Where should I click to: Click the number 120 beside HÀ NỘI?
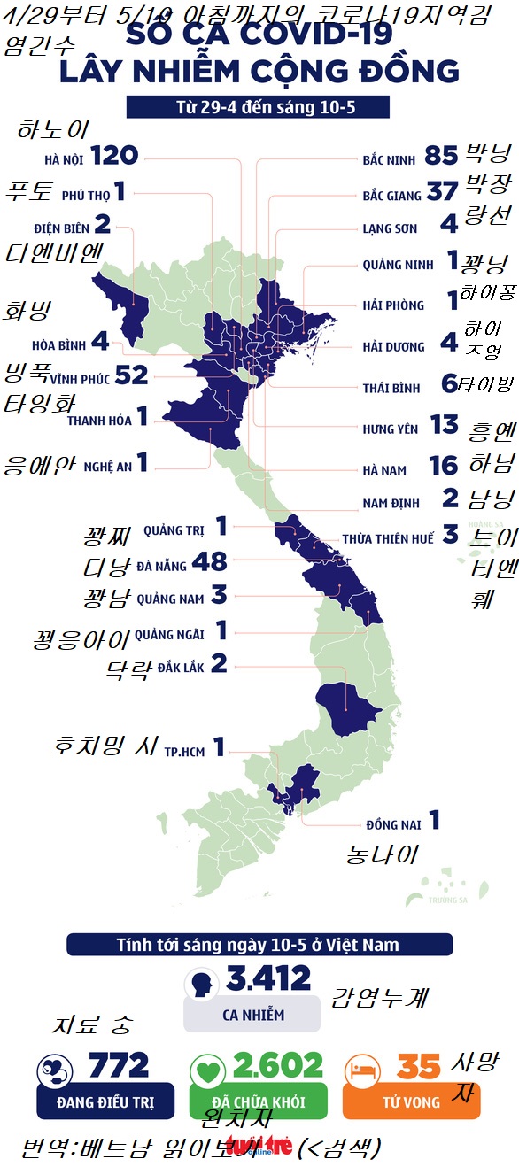click(114, 156)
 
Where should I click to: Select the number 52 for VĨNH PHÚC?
click(130, 375)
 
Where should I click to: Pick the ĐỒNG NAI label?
click(393, 824)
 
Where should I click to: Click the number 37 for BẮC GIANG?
click(441, 191)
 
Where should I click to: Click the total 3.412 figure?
click(268, 978)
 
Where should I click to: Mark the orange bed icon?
click(361, 1070)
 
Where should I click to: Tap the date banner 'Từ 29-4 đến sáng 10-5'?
click(258, 107)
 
